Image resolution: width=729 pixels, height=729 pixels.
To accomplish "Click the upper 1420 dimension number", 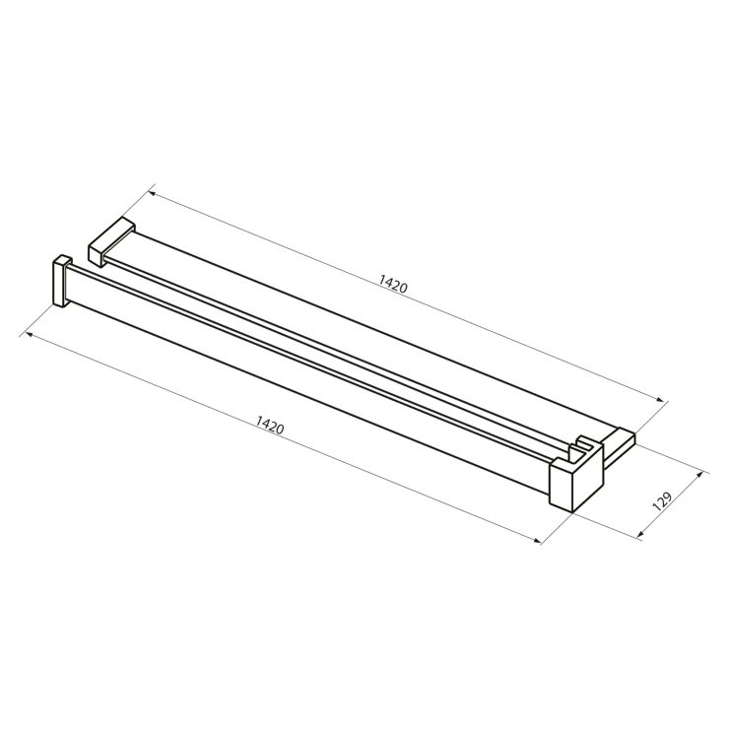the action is [x=393, y=283].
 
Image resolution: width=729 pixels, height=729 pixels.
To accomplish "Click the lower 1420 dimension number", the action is [x=270, y=425].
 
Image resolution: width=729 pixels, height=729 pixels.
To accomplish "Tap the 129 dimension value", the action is [x=663, y=501].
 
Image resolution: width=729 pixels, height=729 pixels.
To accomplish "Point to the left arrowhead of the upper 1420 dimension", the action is [x=152, y=193].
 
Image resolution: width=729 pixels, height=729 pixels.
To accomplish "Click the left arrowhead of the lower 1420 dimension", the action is [x=29, y=334].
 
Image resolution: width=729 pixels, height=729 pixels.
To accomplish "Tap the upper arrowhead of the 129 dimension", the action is [x=697, y=476].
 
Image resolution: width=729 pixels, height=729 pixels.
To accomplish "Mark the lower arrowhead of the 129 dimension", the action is [x=641, y=533].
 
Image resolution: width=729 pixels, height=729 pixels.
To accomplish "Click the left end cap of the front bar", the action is [x=61, y=282].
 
